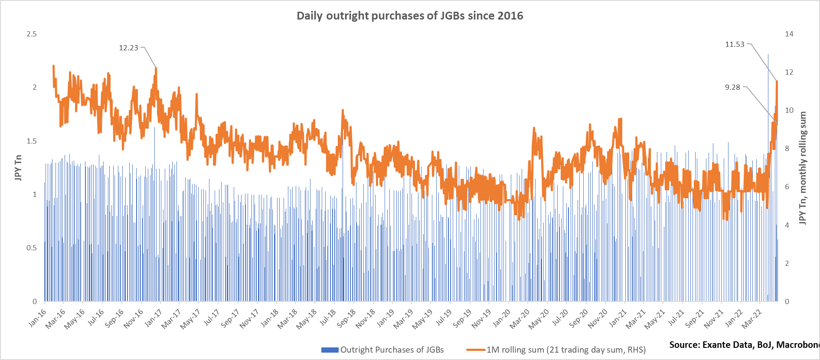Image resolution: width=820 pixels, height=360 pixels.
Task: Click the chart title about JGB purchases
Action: [x=410, y=16]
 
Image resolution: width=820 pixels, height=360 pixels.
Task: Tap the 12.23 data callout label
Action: [x=128, y=48]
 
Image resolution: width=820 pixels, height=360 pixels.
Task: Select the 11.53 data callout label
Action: [x=735, y=44]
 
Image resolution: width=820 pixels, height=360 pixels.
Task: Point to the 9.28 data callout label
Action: [x=732, y=87]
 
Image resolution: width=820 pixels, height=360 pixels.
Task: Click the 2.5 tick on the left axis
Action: [x=32, y=34]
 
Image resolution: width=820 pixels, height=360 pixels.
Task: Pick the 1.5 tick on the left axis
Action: [x=32, y=141]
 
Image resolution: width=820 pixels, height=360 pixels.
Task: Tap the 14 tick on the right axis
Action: [x=789, y=34]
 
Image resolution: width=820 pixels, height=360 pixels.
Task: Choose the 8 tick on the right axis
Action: [x=787, y=148]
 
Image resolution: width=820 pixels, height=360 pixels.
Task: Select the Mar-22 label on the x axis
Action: [x=751, y=319]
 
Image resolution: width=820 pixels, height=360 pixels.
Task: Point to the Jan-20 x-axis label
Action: [x=502, y=318]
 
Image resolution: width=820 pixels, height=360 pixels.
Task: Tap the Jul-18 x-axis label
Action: [x=328, y=318]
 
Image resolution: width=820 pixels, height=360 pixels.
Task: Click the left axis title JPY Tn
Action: [x=18, y=167]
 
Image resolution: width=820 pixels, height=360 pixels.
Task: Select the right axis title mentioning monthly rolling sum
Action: [x=803, y=168]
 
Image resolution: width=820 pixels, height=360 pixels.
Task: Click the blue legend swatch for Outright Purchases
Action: [x=330, y=350]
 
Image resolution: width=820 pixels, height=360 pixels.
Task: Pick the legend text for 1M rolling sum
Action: [x=566, y=350]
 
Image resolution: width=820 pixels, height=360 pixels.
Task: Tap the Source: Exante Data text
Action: [x=744, y=345]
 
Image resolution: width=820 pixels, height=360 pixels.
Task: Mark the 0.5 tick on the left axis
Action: [x=32, y=248]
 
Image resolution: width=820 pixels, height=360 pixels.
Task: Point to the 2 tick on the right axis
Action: [x=787, y=263]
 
